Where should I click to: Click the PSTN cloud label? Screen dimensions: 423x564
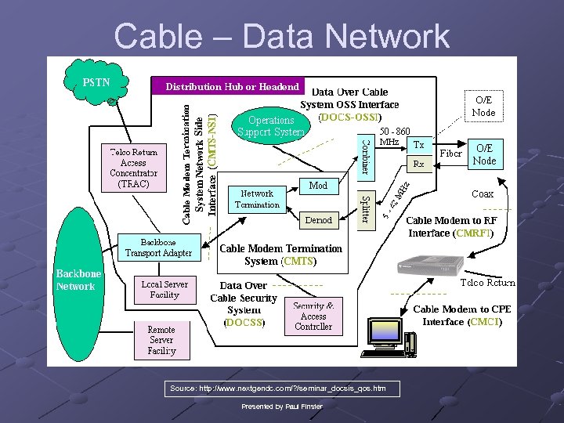tap(96, 81)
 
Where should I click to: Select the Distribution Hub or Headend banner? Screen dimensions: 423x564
tap(232, 86)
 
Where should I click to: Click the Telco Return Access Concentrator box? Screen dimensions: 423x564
tap(134, 168)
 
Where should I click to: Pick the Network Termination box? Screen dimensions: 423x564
tap(257, 199)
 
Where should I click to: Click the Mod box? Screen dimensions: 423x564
tap(318, 186)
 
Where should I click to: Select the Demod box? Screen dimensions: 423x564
tap(318, 220)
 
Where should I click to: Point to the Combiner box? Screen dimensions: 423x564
tap(365, 157)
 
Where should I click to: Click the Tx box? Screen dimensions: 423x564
tap(419, 145)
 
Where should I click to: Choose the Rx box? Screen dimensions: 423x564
tap(419, 164)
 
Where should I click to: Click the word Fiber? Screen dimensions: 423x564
tap(450, 154)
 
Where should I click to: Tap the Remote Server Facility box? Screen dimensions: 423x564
tap(161, 340)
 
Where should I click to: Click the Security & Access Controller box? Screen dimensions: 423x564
tap(313, 316)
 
